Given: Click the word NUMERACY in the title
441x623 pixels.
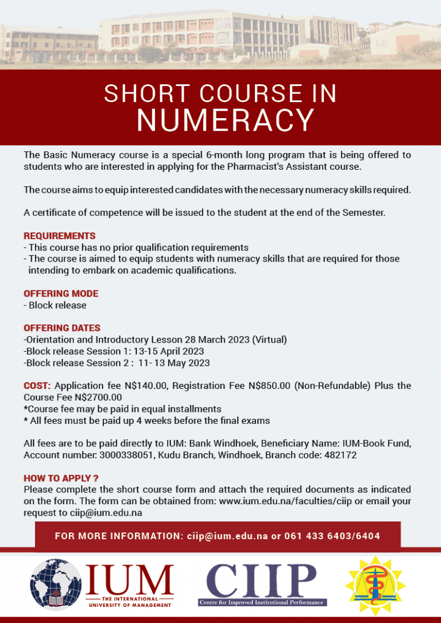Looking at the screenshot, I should coord(225,120).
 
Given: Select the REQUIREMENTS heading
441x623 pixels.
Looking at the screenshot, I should coord(60,236).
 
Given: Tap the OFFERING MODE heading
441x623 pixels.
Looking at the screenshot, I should coord(61,294).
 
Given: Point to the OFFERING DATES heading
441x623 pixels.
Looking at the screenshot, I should coord(62,328).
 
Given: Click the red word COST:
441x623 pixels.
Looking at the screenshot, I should coord(37,386).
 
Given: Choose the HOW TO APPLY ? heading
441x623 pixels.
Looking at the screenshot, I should coord(61,478).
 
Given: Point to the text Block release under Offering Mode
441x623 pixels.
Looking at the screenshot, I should coord(57,305).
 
